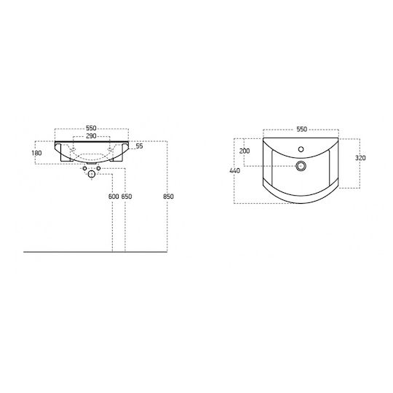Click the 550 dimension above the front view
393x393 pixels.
(x=91, y=128)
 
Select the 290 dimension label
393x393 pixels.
(x=91, y=136)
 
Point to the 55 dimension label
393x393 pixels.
(x=139, y=146)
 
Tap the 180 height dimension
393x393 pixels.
(x=36, y=153)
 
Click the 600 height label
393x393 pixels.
(x=114, y=196)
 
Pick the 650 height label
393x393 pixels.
(x=127, y=196)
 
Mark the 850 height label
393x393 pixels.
(x=168, y=196)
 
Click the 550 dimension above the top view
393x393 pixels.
(x=301, y=129)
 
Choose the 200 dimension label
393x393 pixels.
(x=245, y=151)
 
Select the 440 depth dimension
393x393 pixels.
(x=234, y=170)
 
